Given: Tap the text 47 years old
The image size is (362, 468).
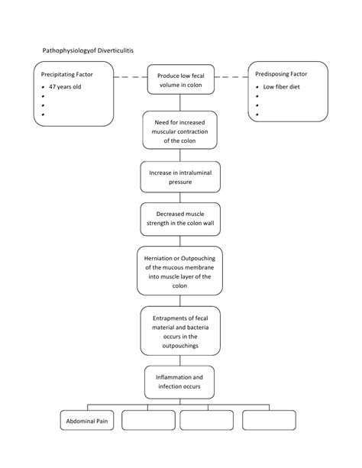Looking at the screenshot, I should pos(64,87).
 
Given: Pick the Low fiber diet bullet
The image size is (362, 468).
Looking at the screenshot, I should pos(280,87).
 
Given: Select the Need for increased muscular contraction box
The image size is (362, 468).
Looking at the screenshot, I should pos(180,130).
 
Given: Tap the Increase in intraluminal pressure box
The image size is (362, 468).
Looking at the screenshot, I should pos(180,178).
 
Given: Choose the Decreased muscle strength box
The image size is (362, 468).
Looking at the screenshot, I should pos(180,219).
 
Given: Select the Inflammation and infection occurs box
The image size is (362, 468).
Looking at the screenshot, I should pos(180,382).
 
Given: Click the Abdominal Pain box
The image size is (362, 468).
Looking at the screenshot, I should pos(86,421).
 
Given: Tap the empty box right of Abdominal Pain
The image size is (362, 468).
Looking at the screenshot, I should pos(147,421).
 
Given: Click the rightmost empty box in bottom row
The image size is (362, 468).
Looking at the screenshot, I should pos(269,421).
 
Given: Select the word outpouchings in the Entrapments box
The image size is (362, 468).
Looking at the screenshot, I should pos(180,346).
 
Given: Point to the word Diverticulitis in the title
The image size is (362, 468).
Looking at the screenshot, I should pos(113,49).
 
